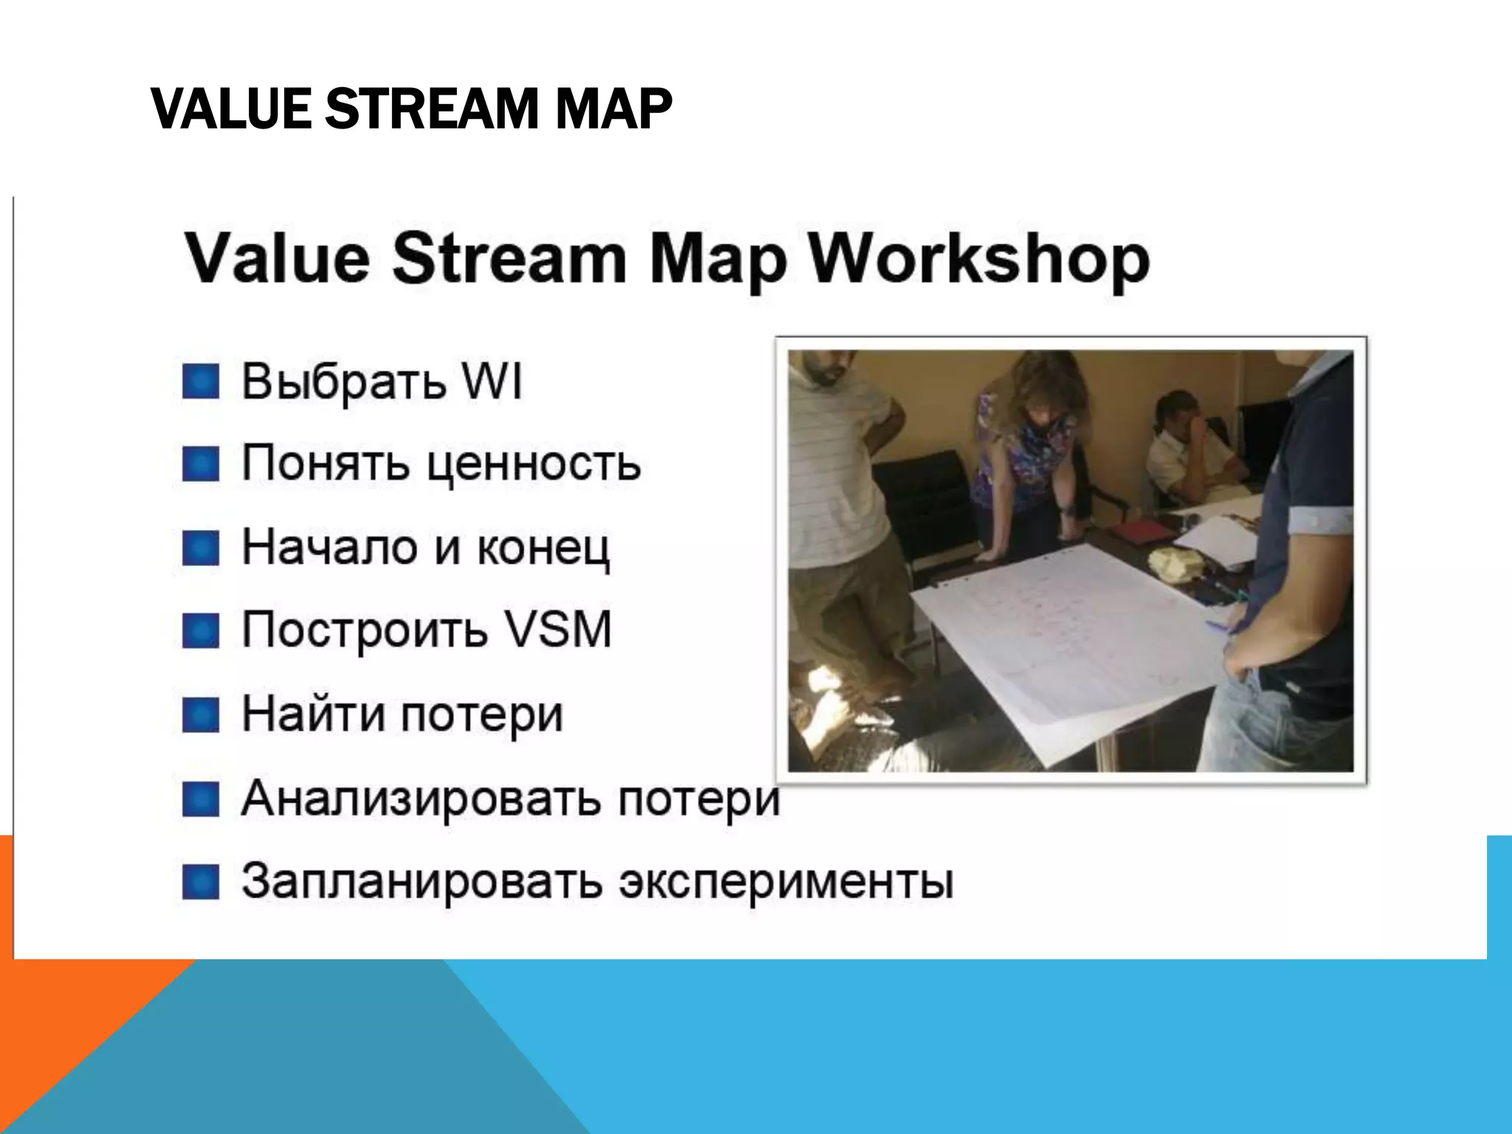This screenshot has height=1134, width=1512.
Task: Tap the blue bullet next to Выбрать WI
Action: [x=201, y=382]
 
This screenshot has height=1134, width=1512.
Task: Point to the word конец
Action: [x=543, y=549]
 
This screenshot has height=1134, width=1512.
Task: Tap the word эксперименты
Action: [x=786, y=882]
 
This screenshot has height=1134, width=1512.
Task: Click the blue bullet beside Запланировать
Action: [x=201, y=882]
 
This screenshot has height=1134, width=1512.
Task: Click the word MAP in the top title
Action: [x=613, y=109]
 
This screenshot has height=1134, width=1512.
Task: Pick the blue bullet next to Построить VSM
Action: [x=201, y=631]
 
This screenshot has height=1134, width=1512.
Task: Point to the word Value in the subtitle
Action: [x=277, y=258]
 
